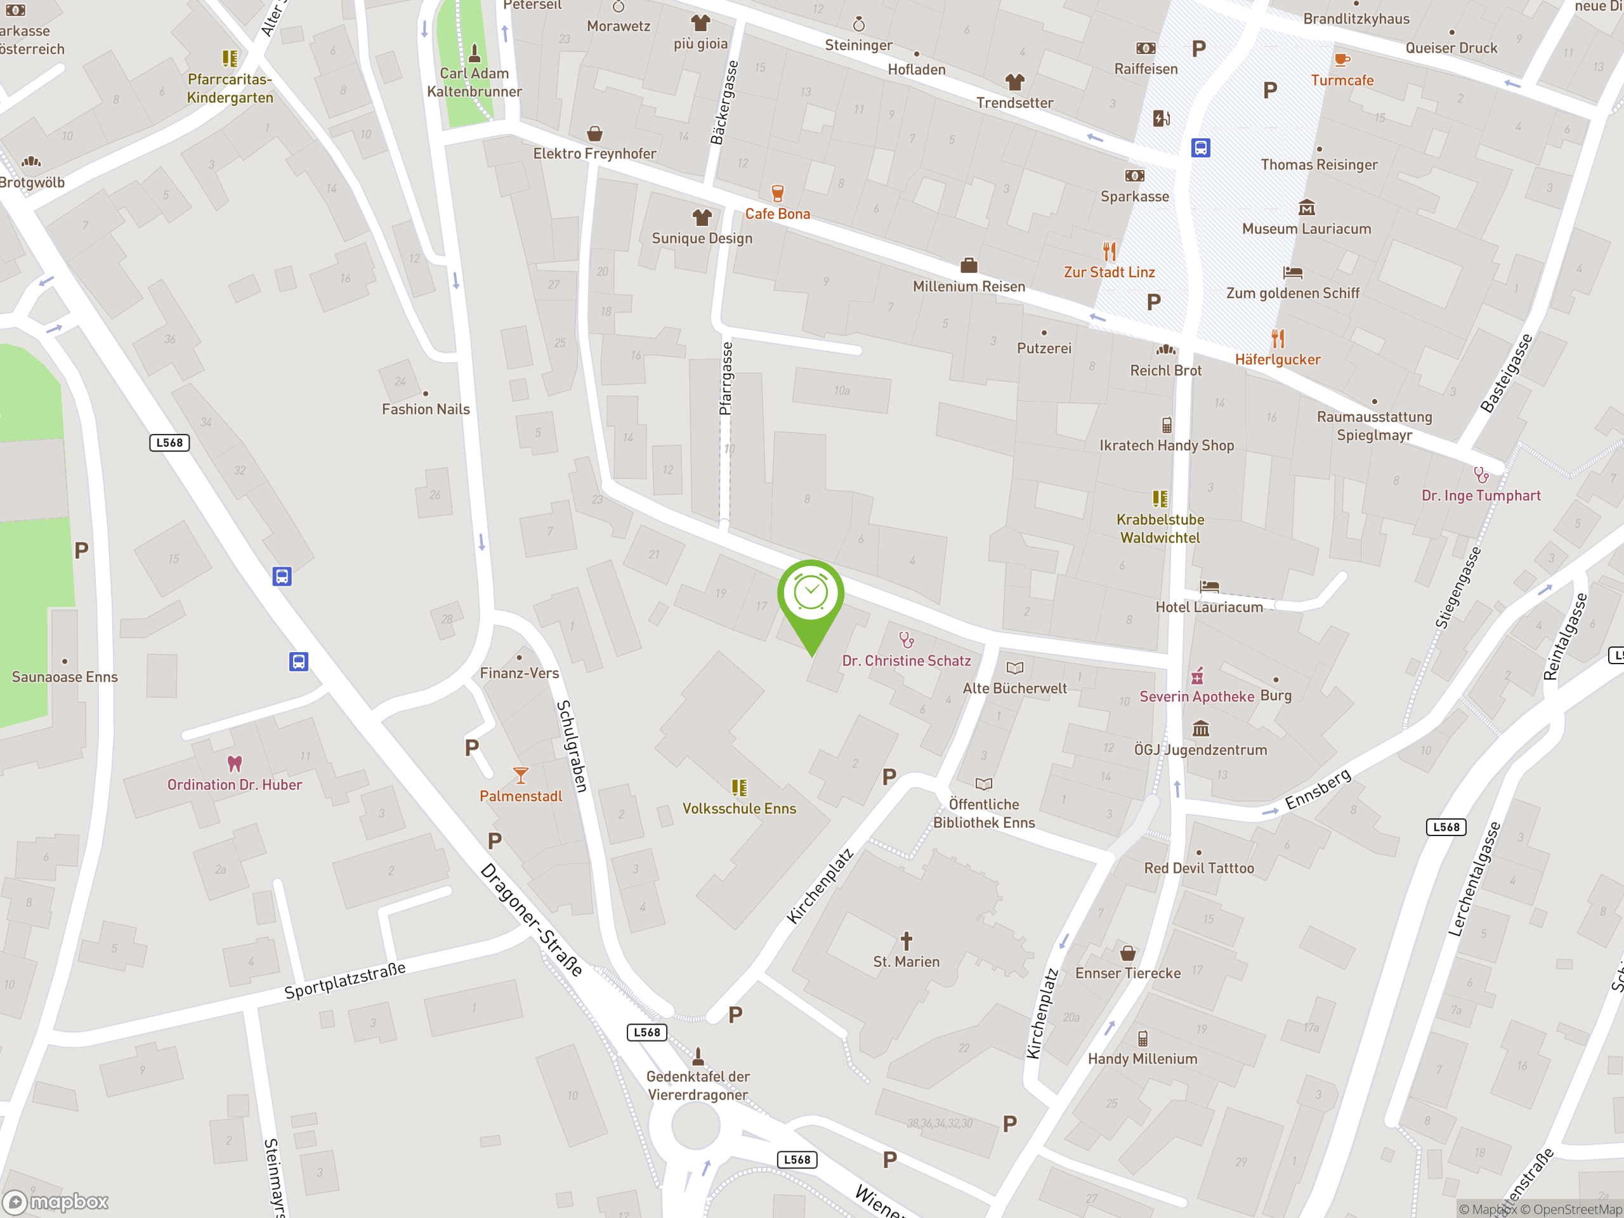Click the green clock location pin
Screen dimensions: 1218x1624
click(811, 594)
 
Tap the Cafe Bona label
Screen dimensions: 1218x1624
click(778, 214)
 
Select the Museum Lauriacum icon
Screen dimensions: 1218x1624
click(1307, 208)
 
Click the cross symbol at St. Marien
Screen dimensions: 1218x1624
click(907, 941)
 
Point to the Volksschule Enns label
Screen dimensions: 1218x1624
click(738, 808)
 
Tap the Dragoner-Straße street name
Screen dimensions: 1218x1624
click(532, 920)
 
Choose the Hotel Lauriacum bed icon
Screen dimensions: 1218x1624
click(1209, 587)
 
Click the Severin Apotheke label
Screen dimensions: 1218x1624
click(1196, 696)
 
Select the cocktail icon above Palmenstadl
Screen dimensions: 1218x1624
click(521, 775)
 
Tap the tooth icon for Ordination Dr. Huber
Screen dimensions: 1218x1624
click(234, 764)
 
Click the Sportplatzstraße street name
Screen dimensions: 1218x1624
click(345, 980)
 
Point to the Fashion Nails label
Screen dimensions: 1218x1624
click(426, 409)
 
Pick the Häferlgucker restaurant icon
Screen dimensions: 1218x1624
click(1278, 339)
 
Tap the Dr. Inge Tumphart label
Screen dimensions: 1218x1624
click(1481, 495)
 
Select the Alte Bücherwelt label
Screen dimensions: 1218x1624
click(1014, 688)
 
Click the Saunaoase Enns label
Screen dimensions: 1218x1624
click(65, 677)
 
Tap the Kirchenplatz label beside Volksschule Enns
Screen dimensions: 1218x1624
click(820, 886)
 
